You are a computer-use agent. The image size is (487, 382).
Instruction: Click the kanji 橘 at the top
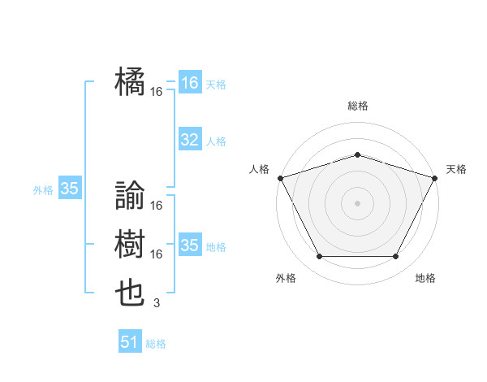131,81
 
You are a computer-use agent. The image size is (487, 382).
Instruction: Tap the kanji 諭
131,195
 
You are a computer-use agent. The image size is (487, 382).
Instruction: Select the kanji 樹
131,244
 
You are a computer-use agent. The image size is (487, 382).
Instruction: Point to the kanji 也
131,293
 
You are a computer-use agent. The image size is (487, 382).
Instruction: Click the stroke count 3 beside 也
156,303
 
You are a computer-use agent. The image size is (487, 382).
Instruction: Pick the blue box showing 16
189,83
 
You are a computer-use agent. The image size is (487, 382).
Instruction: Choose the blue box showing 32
189,140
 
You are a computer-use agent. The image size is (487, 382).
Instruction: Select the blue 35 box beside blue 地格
189,245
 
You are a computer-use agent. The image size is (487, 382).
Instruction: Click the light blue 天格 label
215,85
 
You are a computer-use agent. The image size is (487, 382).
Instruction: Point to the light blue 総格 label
156,344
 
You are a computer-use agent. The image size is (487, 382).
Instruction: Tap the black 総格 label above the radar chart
357,106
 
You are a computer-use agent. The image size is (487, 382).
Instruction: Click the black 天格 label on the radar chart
456,169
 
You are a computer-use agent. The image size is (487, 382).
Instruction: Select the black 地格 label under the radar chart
425,278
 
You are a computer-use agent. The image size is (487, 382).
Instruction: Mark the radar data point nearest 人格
280,178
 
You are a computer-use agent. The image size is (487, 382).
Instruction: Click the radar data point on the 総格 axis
357,154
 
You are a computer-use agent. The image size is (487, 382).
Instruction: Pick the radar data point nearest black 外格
319,257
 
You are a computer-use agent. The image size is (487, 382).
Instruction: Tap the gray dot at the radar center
357,202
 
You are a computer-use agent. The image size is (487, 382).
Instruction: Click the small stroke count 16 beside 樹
156,254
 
